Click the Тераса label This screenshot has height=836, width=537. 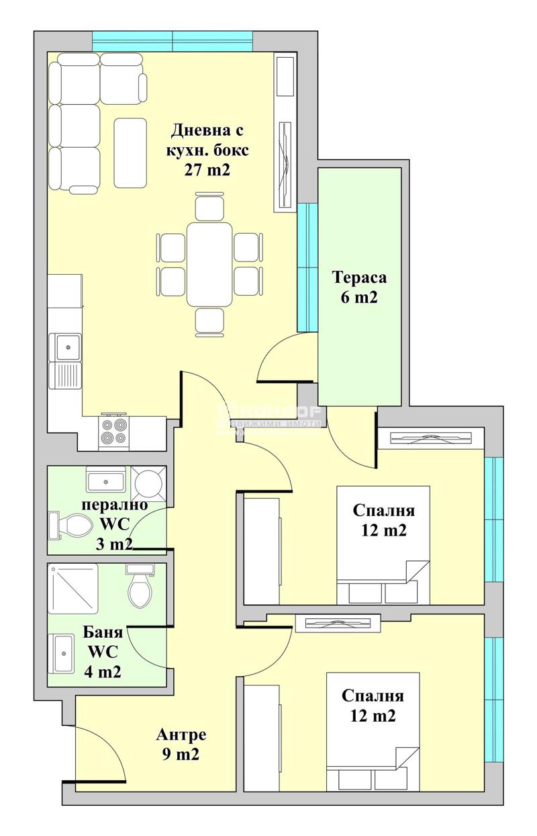point(359,278)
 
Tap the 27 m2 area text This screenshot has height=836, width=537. point(207,170)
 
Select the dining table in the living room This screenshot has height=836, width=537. point(209,264)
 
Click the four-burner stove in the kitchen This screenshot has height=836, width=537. point(113,432)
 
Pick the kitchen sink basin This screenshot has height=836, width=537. point(66,347)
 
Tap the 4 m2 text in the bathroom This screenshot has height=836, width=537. point(103,671)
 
